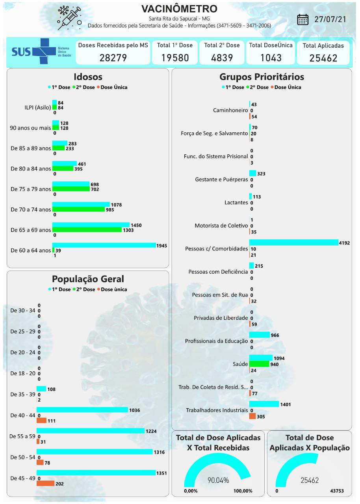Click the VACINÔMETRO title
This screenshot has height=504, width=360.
179,9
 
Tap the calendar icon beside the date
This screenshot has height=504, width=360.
302,19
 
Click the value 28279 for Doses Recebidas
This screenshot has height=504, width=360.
113,57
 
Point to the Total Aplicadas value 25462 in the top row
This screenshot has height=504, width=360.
323,58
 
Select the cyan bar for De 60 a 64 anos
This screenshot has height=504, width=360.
104,245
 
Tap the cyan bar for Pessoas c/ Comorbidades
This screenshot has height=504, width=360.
293,243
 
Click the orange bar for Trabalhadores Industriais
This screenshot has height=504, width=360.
252,416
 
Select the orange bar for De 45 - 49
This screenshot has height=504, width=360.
45,484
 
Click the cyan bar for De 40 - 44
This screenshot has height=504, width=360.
82,410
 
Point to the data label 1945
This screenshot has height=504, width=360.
161,246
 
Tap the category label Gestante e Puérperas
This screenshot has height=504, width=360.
221,180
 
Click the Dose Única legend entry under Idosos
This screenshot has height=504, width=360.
114,87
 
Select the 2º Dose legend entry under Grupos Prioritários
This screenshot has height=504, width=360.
257,87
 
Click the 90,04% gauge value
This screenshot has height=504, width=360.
218,480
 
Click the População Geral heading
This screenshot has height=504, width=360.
88,279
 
